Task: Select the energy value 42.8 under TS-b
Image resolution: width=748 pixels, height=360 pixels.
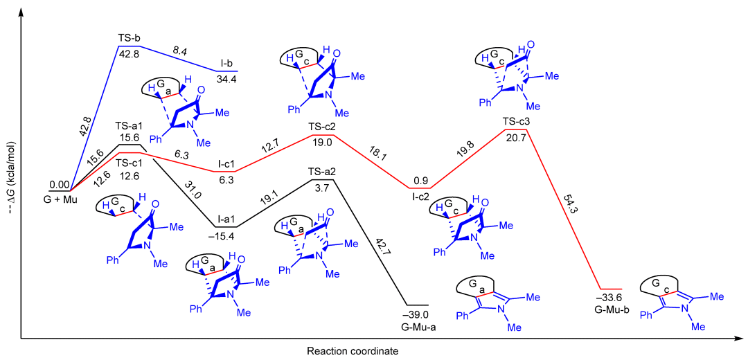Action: pos(130,54)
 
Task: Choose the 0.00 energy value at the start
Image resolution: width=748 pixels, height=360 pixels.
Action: pos(59,185)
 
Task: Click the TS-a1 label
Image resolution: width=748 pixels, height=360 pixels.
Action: pos(130,126)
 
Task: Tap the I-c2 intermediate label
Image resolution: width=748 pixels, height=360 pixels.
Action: pos(419,197)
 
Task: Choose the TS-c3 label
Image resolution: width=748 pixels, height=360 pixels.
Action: pos(517,121)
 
